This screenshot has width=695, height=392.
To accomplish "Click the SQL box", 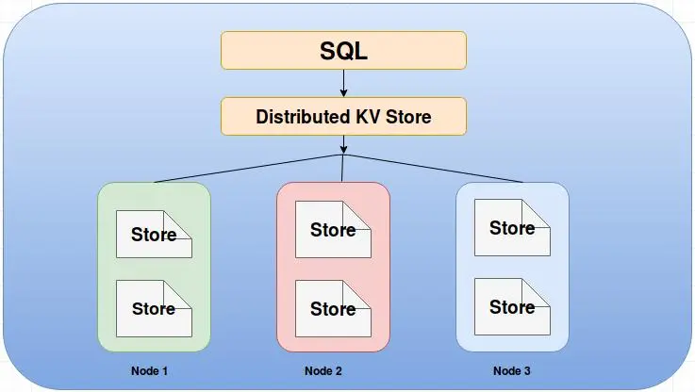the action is tap(343, 51).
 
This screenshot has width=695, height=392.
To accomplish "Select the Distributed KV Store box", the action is tap(343, 117).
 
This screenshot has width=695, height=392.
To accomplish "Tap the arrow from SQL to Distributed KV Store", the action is tap(343, 83).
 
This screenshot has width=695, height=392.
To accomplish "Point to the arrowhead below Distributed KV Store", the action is tap(343, 150).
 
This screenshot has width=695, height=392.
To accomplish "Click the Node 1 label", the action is tap(149, 370).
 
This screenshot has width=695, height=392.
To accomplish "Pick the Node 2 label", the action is tap(323, 370).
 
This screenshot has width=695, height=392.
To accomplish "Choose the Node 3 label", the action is tap(511, 370).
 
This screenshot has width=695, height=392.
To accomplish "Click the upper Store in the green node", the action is tap(154, 235).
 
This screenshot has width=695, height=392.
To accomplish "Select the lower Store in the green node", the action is tap(154, 309).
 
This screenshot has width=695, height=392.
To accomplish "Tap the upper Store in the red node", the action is tap(333, 229).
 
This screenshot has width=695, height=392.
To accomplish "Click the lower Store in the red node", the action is tap(333, 309).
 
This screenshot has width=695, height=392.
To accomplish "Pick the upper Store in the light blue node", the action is tap(512, 228).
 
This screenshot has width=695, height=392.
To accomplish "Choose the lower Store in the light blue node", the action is tap(512, 306).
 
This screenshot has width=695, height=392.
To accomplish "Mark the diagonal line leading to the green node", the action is tap(248, 169).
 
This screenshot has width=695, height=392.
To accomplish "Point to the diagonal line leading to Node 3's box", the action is tap(434, 169).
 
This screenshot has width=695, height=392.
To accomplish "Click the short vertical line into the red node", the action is tap(342, 169).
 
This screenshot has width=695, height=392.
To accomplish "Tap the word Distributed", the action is tap(303, 117).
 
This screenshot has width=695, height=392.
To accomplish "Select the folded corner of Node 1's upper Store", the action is tap(177, 224).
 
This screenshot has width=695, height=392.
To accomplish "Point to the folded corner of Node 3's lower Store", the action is tap(536, 292).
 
